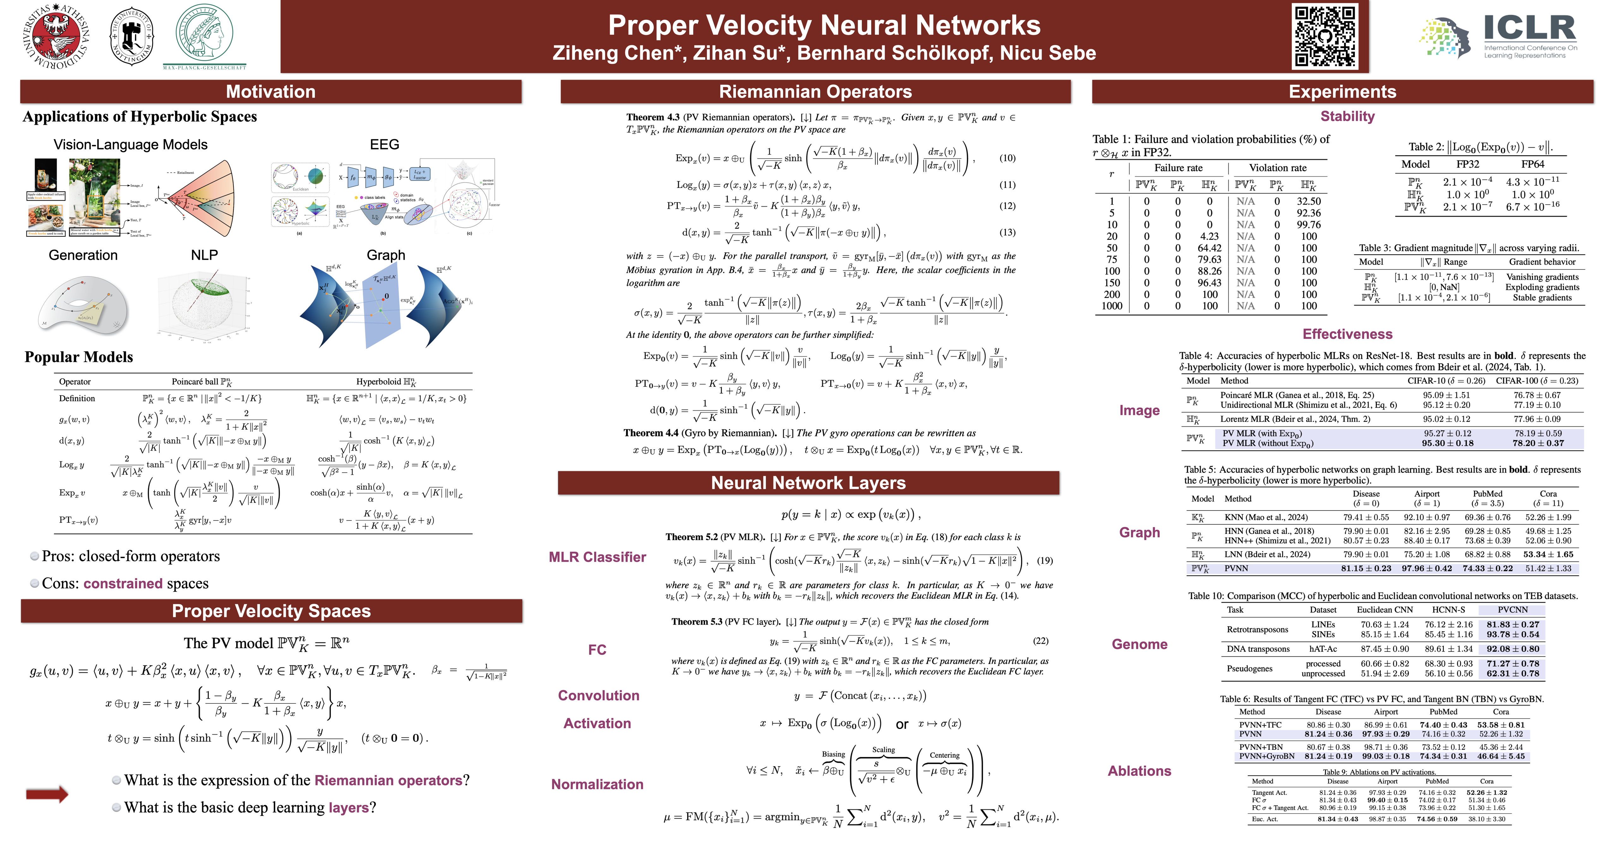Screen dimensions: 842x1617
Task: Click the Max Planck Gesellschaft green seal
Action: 204,33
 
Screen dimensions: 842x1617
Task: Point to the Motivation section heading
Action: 271,92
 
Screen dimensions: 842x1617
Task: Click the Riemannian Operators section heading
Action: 815,92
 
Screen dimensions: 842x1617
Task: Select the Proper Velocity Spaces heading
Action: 271,611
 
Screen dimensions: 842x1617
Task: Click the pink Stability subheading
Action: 1347,116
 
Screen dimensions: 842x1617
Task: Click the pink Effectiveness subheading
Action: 1347,334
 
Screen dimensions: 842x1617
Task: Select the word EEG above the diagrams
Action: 384,144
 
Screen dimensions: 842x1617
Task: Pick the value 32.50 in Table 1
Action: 1309,201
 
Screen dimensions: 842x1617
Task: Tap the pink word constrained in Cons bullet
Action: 123,583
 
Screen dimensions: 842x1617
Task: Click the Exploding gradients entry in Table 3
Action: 1542,287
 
